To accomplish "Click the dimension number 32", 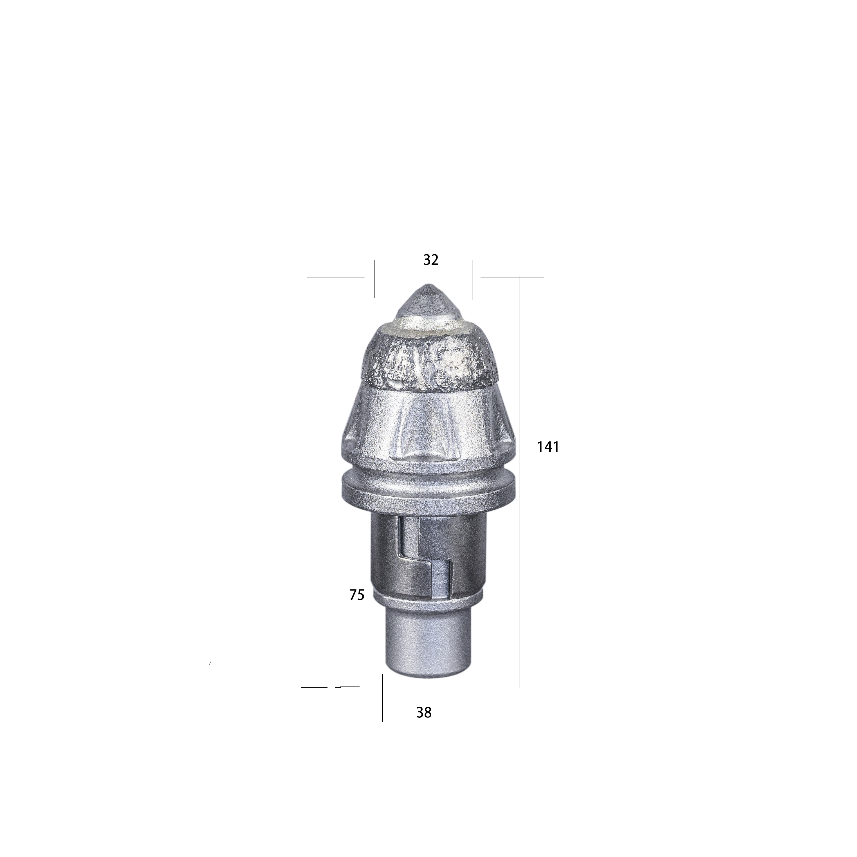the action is pyautogui.click(x=431, y=260).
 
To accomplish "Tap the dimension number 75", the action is pyautogui.click(x=357, y=595).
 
